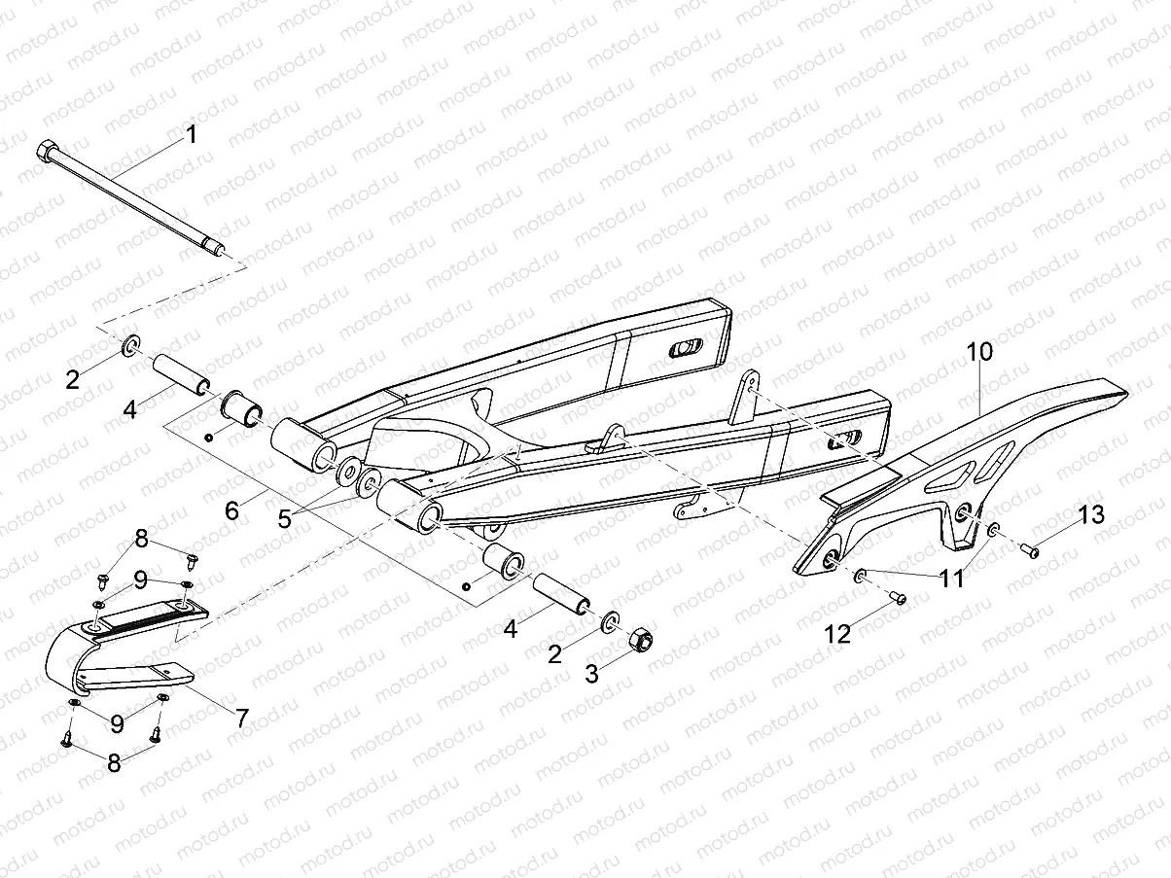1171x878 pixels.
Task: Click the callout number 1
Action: click(192, 134)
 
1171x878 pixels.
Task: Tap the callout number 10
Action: click(979, 352)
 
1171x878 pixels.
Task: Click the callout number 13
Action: click(1092, 514)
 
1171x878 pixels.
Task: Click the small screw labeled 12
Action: click(900, 599)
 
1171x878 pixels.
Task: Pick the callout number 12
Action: click(837, 634)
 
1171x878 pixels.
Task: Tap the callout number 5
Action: click(284, 518)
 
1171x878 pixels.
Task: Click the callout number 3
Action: click(591, 673)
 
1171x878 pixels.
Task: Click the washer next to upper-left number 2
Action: click(129, 344)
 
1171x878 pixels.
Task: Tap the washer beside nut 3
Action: click(611, 621)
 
